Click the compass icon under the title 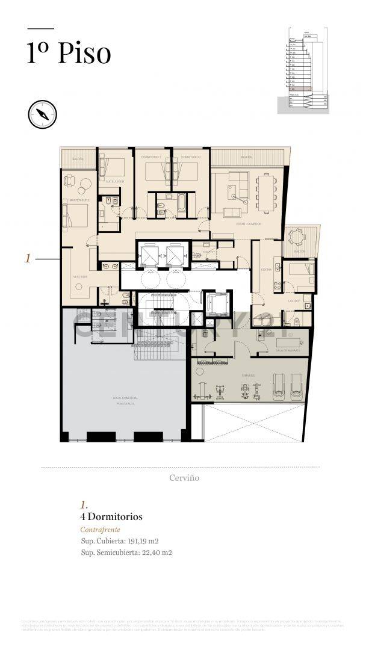(42, 114)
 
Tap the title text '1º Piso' (69, 53)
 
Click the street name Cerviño (183, 478)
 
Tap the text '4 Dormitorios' (111, 516)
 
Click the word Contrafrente (100, 530)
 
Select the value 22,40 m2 (155, 552)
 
